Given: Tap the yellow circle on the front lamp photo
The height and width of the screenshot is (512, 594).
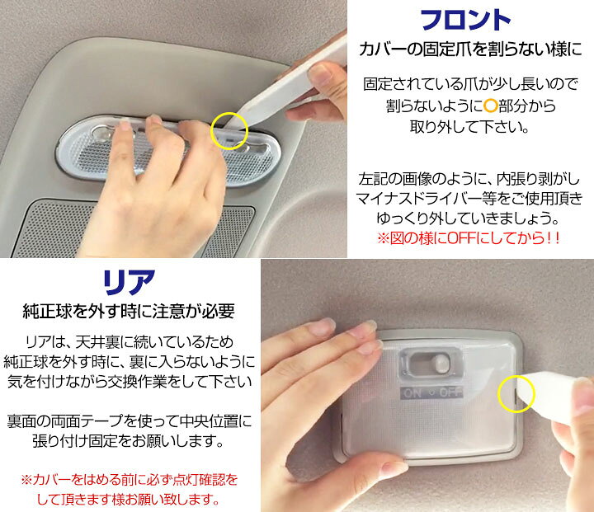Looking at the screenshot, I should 229,129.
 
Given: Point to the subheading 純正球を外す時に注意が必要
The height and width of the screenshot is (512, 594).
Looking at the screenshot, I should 129,312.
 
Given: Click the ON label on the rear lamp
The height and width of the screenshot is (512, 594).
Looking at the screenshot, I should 412,393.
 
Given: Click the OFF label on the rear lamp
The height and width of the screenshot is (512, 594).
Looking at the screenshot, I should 450,393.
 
